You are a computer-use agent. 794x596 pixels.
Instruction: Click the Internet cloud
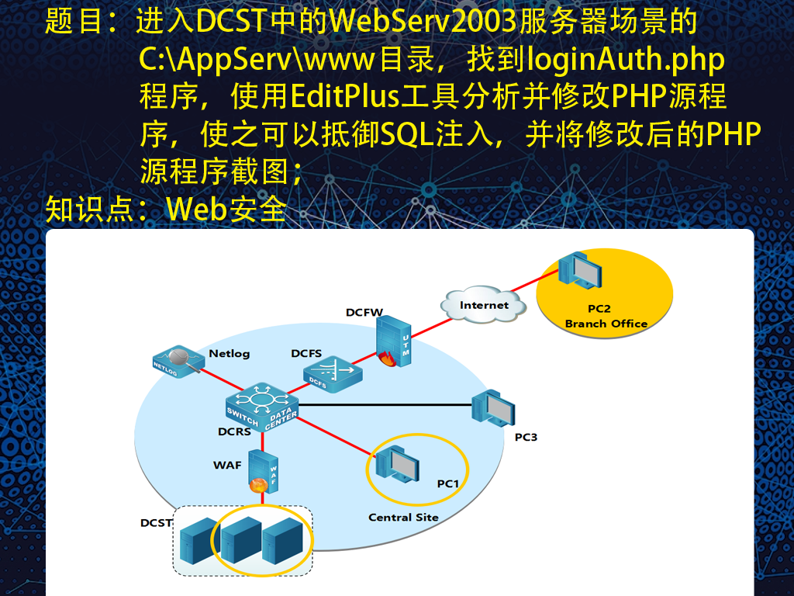tap(484, 304)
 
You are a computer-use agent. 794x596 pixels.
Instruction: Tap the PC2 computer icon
tap(580, 270)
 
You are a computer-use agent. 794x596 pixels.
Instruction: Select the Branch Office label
tap(606, 324)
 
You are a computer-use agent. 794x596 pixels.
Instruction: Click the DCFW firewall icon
tap(393, 341)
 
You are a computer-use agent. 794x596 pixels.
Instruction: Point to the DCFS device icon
tap(333, 375)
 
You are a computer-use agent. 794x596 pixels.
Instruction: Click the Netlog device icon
tap(179, 362)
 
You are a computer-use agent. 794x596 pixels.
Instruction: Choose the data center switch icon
tap(262, 407)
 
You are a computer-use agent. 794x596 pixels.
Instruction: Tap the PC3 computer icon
tap(492, 408)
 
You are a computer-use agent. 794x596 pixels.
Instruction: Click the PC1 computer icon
tap(397, 464)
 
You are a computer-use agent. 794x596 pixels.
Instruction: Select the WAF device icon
tap(264, 472)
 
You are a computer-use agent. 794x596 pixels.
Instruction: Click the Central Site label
tap(403, 518)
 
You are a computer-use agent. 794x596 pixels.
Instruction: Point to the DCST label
tap(156, 522)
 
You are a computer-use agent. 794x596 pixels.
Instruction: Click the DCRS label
tap(234, 431)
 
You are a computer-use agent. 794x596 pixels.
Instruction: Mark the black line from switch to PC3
tap(385, 405)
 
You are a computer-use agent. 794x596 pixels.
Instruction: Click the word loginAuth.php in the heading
tap(626, 60)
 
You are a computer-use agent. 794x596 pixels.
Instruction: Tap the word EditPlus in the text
tap(345, 95)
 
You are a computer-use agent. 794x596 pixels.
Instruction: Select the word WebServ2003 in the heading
tap(423, 22)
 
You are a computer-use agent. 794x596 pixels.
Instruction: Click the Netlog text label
tap(230, 353)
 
